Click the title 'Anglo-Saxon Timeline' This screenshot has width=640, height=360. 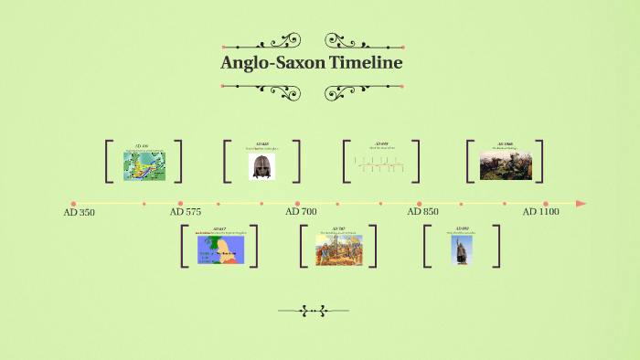(x=311, y=63)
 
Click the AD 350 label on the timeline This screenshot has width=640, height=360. (x=79, y=212)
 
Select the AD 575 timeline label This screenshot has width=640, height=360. (x=186, y=211)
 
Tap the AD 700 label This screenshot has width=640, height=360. (x=301, y=211)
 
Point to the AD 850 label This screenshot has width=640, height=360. (x=422, y=211)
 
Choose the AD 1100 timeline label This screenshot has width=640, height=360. (x=540, y=211)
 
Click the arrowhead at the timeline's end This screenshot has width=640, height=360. (x=581, y=204)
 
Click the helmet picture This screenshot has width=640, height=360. (x=261, y=166)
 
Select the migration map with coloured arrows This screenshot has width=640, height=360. (x=144, y=165)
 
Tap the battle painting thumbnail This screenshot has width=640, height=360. (x=506, y=165)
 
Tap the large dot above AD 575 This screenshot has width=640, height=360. (x=180, y=204)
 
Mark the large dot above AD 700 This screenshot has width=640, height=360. (x=297, y=204)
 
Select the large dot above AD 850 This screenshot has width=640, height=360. (x=420, y=204)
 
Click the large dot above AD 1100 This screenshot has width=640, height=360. (x=545, y=204)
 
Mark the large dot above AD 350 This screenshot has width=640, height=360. (x=73, y=204)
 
